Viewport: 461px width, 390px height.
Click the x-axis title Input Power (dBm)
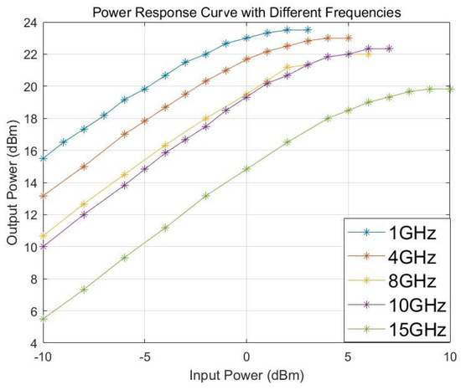pos(246,378)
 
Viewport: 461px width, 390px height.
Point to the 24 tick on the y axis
pos(31,22)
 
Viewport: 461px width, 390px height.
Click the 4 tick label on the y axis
pos(34,344)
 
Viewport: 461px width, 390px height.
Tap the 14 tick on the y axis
pos(31,183)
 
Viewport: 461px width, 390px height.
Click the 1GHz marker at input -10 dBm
pos(43,158)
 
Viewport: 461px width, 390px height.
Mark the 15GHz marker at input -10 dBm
pos(43,319)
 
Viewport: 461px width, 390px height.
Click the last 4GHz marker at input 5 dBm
pos(349,38)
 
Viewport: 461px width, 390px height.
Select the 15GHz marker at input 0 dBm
pos(246,168)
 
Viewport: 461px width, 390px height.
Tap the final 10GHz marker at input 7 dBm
pos(389,49)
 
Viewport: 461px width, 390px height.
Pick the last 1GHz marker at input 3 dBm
pos(308,29)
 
